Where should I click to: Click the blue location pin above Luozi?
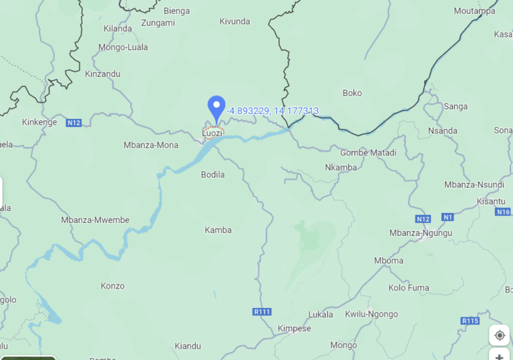coord(216,108)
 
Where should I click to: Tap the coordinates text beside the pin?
coord(273,111)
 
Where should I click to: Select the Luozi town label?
coord(212,134)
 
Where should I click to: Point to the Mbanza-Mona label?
coord(151,145)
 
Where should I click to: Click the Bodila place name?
coord(213,175)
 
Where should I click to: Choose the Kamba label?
coord(218,230)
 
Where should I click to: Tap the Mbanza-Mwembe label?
coord(96,220)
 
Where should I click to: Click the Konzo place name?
coord(112,286)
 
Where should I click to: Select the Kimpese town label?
coord(294,329)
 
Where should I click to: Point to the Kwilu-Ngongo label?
coord(371,314)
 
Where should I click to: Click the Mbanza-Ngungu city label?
coord(421,233)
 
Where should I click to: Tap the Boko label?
coord(352,93)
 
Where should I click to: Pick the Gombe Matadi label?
coord(368,153)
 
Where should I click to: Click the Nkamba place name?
coord(341,168)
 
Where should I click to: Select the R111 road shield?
coord(262,312)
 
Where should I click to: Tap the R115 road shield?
coord(470,321)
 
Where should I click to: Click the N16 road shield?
coord(504,212)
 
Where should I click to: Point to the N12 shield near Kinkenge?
coord(73,122)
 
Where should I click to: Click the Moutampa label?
coord(474,11)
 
